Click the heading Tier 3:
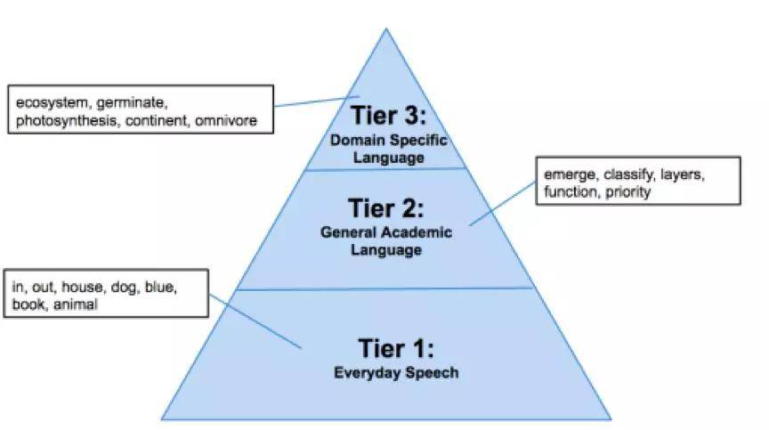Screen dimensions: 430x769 point(387,116)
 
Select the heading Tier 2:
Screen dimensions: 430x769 point(385,208)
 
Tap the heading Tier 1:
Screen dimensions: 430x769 point(396,347)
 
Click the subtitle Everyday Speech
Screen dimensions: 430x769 point(396,373)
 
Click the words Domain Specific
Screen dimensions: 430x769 point(387,140)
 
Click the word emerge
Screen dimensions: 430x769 point(568,174)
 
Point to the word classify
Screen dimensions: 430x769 point(631,174)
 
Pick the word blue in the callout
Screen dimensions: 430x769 point(163,287)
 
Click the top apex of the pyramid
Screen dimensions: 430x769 point(386,29)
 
